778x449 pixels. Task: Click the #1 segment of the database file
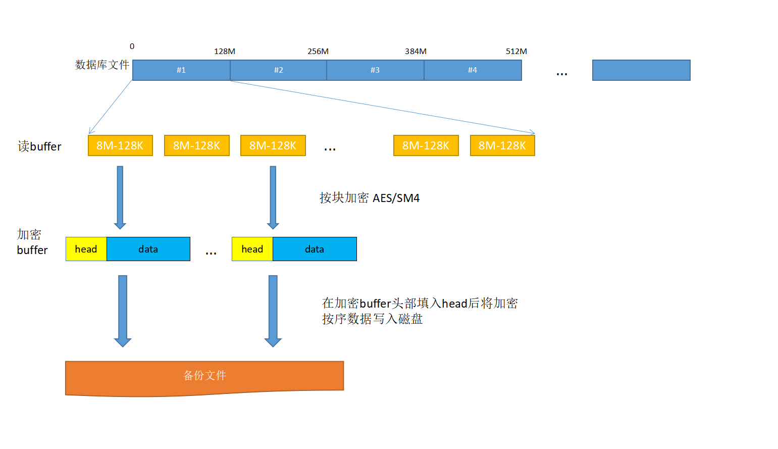coord(181,70)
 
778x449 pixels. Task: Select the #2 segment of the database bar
coord(278,70)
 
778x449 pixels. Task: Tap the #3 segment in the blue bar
coord(375,70)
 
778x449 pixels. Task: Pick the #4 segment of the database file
coord(473,70)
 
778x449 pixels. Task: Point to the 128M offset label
coord(225,52)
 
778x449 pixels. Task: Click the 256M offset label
coord(318,52)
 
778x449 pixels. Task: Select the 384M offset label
coord(416,52)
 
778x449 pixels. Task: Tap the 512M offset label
coord(516,52)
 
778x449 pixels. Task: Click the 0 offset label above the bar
coord(132,46)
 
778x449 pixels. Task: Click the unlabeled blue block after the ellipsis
coord(641,70)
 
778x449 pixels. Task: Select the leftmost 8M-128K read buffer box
coord(120,145)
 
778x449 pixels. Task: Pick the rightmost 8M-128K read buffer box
coord(502,145)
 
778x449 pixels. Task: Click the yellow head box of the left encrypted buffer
coord(86,249)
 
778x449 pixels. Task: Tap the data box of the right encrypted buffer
coord(315,249)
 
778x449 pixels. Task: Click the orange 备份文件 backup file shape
coord(204,376)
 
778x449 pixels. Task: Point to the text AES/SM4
coord(396,198)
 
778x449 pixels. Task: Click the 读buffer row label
coord(39,146)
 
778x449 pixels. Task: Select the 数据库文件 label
coord(102,65)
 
